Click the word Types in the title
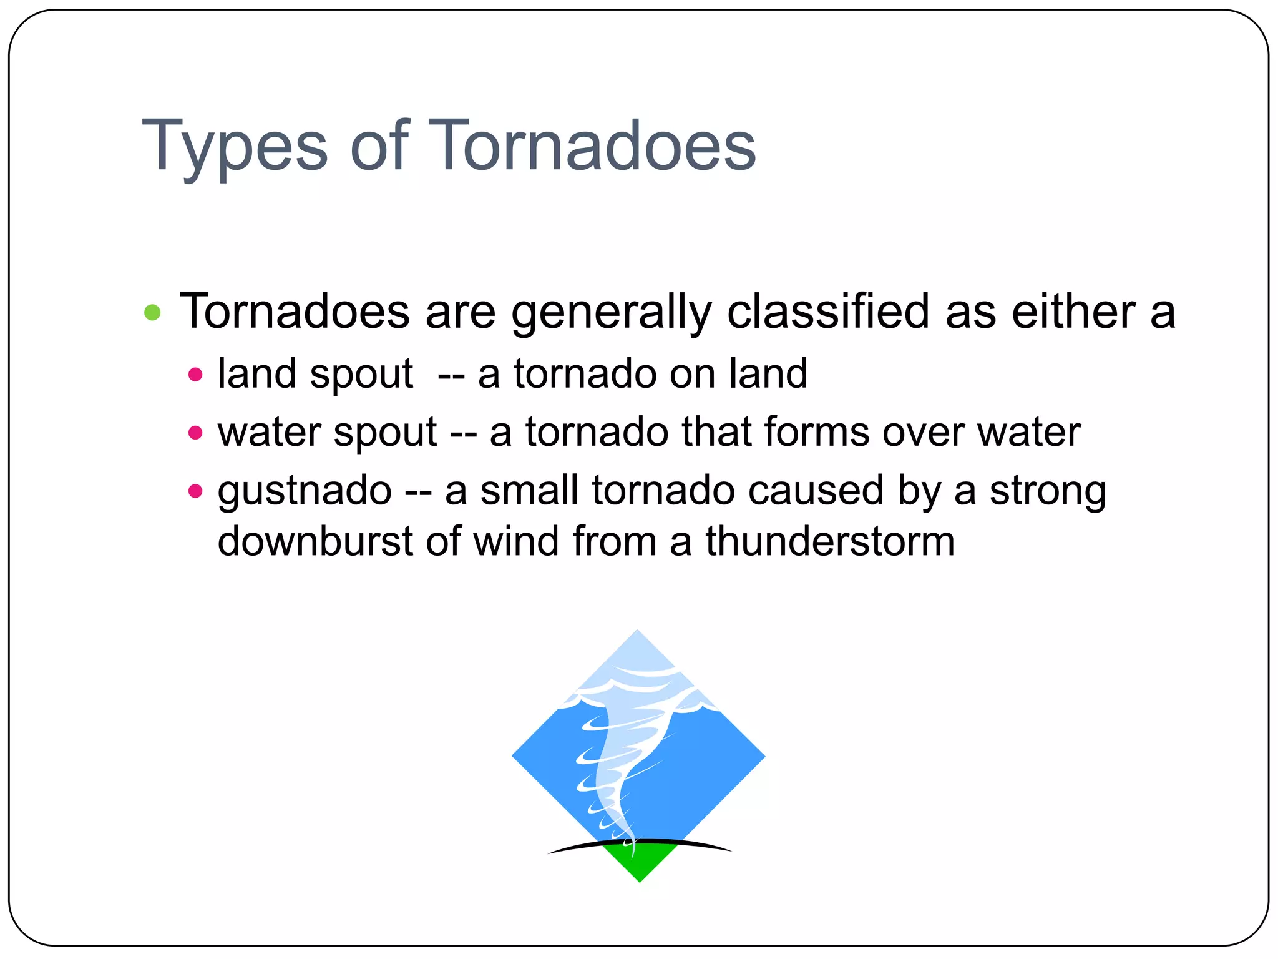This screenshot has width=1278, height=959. pyautogui.click(x=234, y=147)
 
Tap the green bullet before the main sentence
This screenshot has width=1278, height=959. pyautogui.click(x=152, y=312)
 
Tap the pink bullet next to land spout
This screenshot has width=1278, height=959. pyautogui.click(x=195, y=375)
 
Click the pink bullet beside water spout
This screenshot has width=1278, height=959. pyautogui.click(x=195, y=433)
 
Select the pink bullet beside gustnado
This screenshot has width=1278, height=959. pyautogui.click(x=195, y=491)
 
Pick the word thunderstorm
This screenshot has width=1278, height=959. pyautogui.click(x=830, y=541)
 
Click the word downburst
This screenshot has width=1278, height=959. pyautogui.click(x=315, y=541)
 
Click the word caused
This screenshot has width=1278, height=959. pyautogui.click(x=815, y=490)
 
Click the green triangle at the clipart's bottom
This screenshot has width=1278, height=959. pyautogui.click(x=640, y=865)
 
